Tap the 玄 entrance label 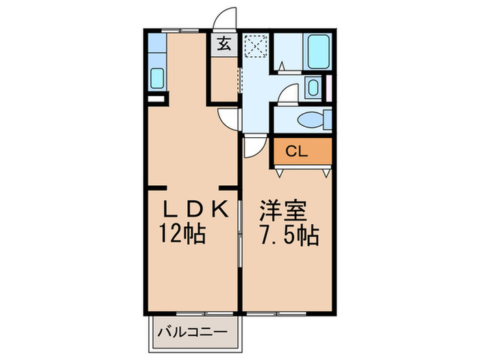(x=224, y=46)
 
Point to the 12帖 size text (x=182, y=235)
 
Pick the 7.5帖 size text (x=287, y=235)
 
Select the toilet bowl (x=313, y=120)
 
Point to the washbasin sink (x=313, y=88)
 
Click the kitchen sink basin (x=157, y=78)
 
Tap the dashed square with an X (x=256, y=47)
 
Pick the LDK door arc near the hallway (x=228, y=117)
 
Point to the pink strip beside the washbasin (x=328, y=86)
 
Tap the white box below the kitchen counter (x=156, y=99)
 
